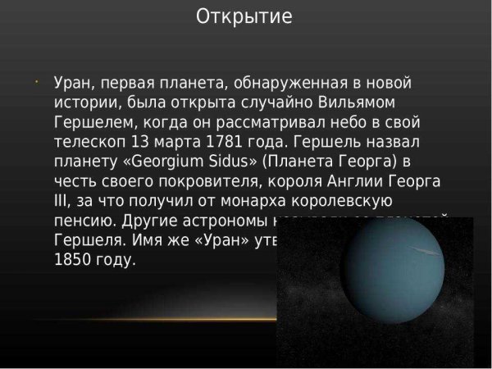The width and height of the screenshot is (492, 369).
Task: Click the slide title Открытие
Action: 245,17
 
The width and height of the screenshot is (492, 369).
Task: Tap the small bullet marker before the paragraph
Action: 38,82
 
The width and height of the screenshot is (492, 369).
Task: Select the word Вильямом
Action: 368,103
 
